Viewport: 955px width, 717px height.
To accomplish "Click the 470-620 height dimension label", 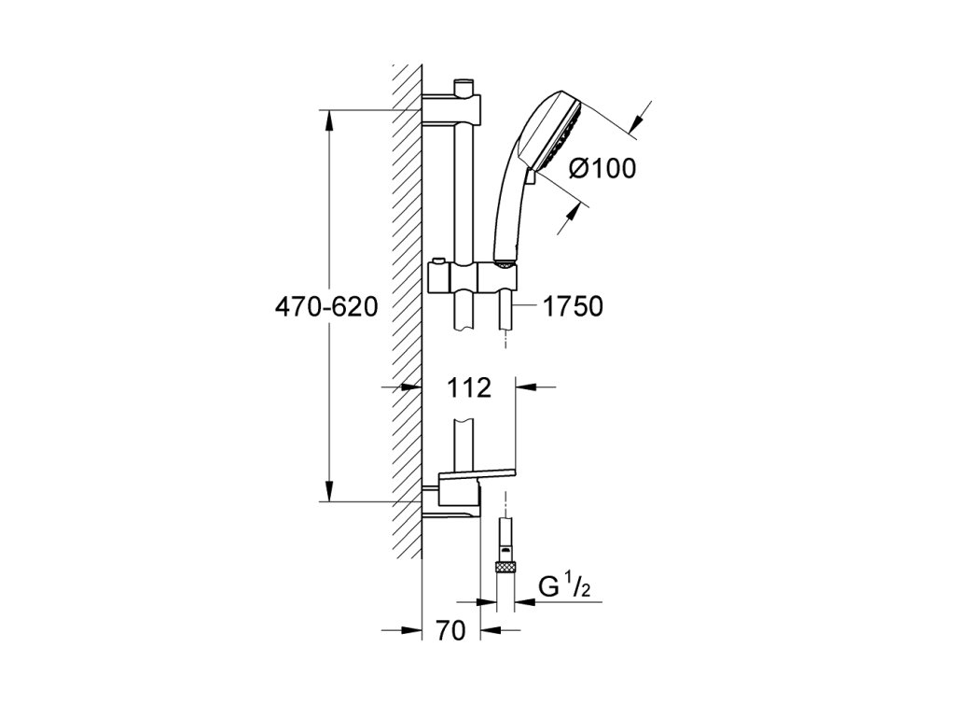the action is [326, 306].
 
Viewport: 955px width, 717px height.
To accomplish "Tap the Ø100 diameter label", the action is [602, 168].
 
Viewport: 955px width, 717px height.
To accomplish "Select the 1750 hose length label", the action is [573, 306].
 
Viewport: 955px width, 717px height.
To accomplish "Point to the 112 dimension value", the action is [469, 387].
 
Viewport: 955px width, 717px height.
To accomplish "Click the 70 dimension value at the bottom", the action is [450, 630].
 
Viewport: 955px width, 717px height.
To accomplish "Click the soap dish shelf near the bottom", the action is [477, 474].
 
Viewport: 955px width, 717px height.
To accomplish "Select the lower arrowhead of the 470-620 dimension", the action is [329, 491].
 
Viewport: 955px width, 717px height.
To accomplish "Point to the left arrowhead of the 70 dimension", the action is [411, 630].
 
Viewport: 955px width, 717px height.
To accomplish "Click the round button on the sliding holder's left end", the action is [436, 264].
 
